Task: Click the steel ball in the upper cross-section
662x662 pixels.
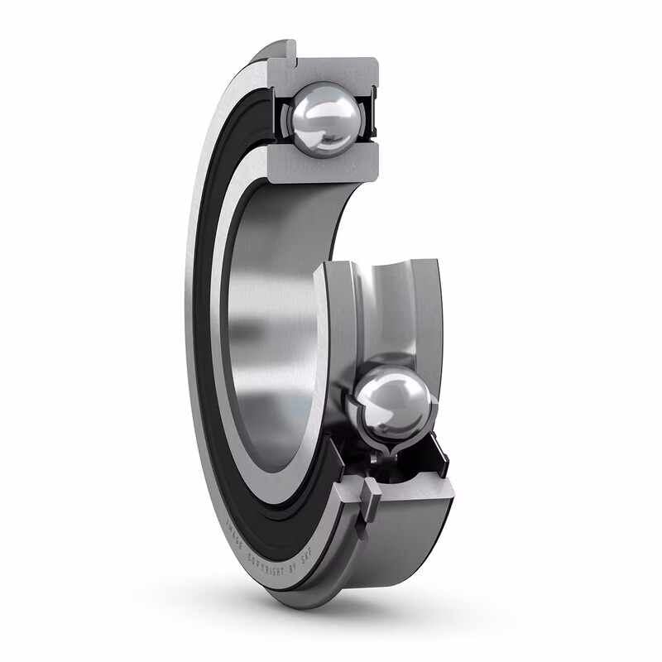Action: (x=324, y=118)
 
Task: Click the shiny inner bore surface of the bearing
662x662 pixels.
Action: (x=265, y=331)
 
